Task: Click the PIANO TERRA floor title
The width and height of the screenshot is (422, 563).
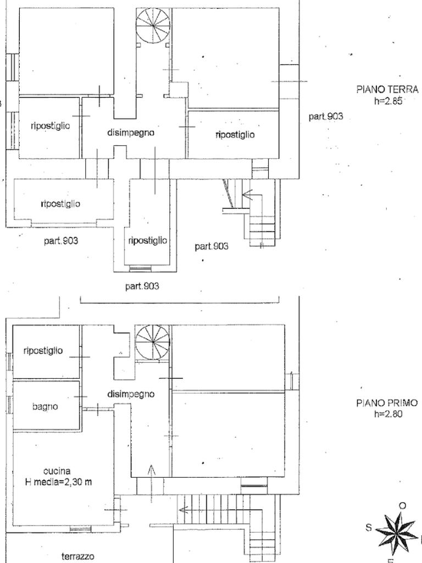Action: click(x=387, y=89)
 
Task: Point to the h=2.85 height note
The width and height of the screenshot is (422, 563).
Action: click(x=388, y=101)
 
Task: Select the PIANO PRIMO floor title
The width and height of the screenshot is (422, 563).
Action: click(x=387, y=403)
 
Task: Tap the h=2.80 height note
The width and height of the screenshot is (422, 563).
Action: click(x=388, y=414)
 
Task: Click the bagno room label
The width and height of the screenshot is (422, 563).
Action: click(x=45, y=407)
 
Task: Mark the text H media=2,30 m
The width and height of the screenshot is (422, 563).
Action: click(x=58, y=482)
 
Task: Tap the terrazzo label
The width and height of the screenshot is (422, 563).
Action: click(x=78, y=556)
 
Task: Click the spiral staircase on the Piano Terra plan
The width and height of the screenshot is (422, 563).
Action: click(x=153, y=25)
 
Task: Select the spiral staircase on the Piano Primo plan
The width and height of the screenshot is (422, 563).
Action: click(x=153, y=342)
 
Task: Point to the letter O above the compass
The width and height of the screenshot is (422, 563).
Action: click(x=403, y=506)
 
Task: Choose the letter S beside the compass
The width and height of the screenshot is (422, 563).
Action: click(x=369, y=527)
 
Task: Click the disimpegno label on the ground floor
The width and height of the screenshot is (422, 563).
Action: click(x=131, y=133)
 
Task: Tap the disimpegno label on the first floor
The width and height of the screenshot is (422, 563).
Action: click(x=131, y=394)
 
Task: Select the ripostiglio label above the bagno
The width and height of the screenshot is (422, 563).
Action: click(x=43, y=351)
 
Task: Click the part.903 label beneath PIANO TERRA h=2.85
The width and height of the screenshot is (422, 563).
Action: click(x=326, y=117)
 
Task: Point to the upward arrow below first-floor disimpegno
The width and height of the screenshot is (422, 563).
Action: click(x=152, y=483)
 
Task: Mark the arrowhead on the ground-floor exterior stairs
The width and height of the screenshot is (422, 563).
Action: click(x=246, y=195)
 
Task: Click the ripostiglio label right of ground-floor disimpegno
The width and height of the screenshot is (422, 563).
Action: click(x=235, y=135)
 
